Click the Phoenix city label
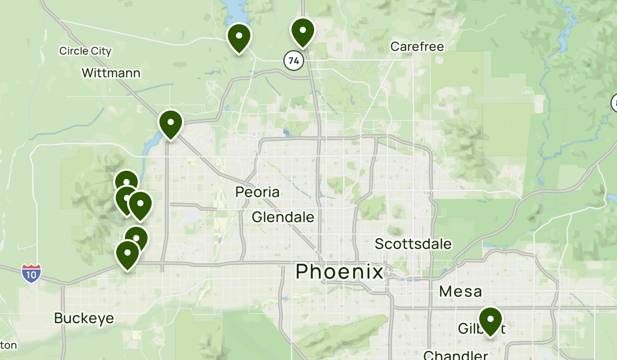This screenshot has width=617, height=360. point(339,272)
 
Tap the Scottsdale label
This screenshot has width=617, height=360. point(413,244)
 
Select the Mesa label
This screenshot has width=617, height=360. point(460,292)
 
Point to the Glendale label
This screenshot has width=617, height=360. point(283,217)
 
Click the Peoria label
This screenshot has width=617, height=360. point(258,192)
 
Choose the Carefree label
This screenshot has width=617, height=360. point(416,46)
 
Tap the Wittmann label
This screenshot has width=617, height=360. point(111,73)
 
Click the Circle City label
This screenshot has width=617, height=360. point(85,51)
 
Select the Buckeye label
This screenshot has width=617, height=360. point(84,318)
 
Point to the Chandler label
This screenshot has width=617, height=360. point(456,355)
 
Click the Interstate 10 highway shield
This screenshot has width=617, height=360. point(31,273)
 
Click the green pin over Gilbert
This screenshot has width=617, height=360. point(491,320)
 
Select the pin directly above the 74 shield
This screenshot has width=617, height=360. point(303,31)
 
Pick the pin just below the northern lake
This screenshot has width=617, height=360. point(239,38)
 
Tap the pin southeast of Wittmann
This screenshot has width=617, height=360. point(170,123)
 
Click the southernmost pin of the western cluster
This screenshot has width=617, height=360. point(128,254)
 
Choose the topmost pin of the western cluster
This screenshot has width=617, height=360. point(126,182)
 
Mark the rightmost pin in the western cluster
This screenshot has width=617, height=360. point(140,204)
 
